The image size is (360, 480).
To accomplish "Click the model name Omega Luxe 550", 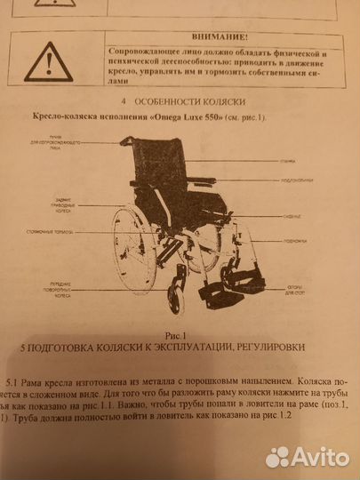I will (x=189, y=117).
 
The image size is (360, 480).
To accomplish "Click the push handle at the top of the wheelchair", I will (x=128, y=141).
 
